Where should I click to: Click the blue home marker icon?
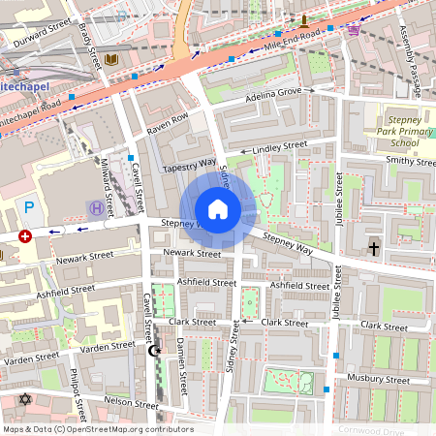click(x=218, y=208)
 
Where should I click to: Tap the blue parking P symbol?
click(x=29, y=206)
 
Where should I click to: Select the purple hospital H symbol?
click(x=96, y=207)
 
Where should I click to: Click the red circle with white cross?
click(x=25, y=235)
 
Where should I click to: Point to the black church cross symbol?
click(x=374, y=248)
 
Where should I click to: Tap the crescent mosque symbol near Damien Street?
click(x=151, y=350)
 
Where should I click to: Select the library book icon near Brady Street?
click(x=113, y=61)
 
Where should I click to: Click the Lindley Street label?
click(x=279, y=146)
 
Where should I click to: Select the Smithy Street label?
click(x=410, y=161)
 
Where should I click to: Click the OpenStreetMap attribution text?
click(x=97, y=429)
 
